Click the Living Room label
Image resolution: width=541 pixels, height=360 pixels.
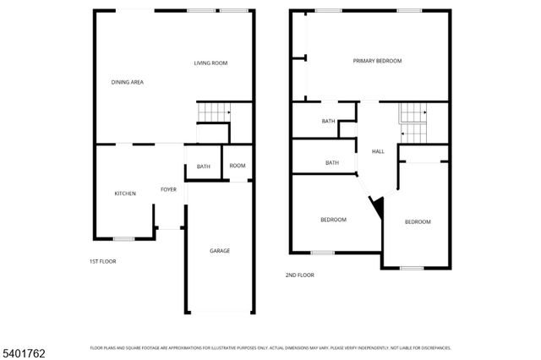coord(210,63)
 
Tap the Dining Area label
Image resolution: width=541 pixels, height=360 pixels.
coord(127,82)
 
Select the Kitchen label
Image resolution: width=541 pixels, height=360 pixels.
coord(125,194)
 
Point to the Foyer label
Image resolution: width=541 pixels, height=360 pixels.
coord(169,189)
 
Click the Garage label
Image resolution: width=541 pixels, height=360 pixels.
coord(220,250)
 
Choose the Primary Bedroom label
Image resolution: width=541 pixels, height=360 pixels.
coord(377,61)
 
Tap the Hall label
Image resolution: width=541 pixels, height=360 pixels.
coord(378,151)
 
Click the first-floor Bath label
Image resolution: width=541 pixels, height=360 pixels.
coord(204,166)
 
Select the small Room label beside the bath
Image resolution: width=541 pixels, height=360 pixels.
coord(238,166)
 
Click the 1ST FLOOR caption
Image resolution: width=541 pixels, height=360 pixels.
coord(103,261)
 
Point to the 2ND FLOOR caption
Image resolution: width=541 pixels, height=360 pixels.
coord(300,275)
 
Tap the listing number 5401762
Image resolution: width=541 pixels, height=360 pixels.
coord(23,351)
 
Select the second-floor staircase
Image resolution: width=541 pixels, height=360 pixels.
coord(414,123)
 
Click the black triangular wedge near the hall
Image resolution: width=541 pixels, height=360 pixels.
coord(378,206)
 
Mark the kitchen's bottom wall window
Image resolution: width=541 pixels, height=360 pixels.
coord(124,238)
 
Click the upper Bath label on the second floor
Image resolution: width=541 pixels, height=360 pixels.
coord(329,122)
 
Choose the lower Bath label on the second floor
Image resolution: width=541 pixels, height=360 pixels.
coord(332,162)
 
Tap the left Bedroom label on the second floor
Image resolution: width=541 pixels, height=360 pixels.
coord(333,220)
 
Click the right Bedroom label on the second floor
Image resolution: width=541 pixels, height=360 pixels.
coord(418,221)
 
